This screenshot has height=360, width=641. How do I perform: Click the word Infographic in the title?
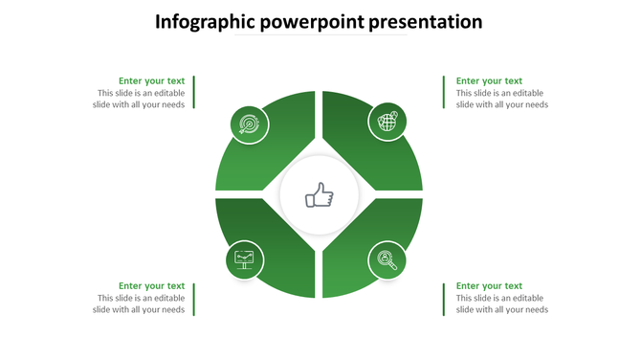point(205,21)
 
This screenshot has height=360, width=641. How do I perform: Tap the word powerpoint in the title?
point(312,21)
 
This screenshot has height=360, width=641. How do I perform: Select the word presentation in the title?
point(426,21)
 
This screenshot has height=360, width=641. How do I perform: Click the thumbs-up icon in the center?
point(319,197)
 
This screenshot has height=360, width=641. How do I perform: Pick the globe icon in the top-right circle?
point(387,122)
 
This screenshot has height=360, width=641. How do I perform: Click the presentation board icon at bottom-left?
point(245,259)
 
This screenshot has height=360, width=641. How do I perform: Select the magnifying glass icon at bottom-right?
point(387,259)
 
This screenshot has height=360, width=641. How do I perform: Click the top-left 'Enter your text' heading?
point(151,81)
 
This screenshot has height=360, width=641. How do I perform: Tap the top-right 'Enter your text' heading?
point(489,81)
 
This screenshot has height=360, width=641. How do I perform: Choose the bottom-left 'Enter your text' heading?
point(151,286)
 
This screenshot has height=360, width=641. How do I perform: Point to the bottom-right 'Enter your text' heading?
point(489,286)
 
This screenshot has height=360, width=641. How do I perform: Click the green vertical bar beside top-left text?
point(195,93)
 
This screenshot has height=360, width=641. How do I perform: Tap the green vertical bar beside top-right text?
point(444,93)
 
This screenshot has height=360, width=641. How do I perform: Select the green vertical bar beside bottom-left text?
point(195,298)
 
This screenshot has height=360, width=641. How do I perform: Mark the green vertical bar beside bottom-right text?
point(444,298)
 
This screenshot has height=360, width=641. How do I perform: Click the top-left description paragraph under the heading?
point(141,99)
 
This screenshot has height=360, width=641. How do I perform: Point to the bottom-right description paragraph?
point(502,304)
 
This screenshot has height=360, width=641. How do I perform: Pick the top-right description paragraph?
point(502,99)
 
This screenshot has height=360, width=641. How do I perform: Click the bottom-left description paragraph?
point(141,304)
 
